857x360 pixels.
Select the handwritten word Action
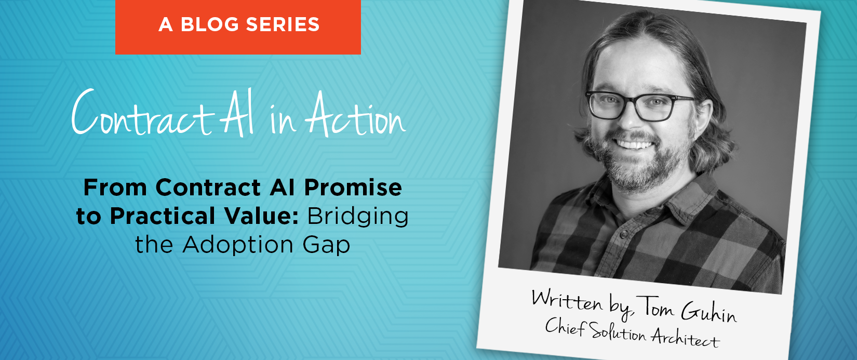click(x=355, y=116)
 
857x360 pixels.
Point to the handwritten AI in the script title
click(x=238, y=113)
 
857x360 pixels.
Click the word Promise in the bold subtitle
click(x=353, y=188)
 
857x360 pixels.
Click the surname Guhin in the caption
click(x=708, y=312)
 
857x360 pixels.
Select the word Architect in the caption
click(x=685, y=338)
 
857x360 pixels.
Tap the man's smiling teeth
click(x=633, y=144)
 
